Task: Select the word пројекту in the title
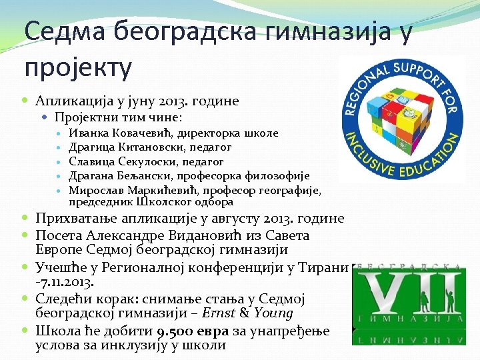[78, 67]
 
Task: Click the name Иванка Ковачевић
[114, 133]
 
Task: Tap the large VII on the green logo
[407, 293]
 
